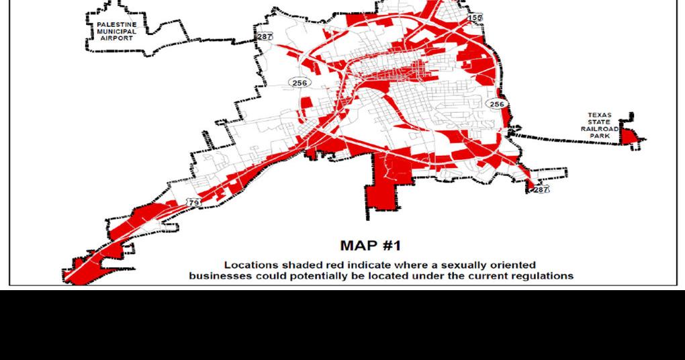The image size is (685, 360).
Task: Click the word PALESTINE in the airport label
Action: [117, 25]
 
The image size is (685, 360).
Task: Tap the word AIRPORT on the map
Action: [117, 38]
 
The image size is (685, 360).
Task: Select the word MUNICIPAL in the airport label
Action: [117, 32]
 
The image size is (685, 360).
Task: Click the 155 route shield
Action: [475, 17]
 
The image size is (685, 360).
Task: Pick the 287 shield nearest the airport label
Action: [265, 36]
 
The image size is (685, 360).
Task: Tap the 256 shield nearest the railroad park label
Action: [496, 104]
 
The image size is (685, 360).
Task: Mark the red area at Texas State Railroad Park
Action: [629, 136]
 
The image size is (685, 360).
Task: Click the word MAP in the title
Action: [358, 246]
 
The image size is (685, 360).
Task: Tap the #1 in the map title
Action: [391, 246]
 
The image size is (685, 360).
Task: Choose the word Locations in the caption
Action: [248, 265]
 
